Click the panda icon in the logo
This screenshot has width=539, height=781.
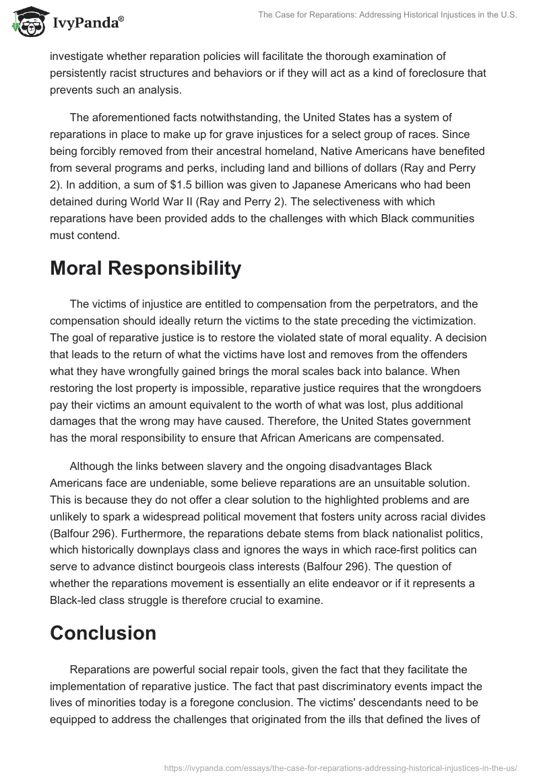pyautogui.click(x=26, y=22)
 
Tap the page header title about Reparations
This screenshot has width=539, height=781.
pyautogui.click(x=388, y=16)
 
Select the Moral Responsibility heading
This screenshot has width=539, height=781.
pyautogui.click(x=145, y=268)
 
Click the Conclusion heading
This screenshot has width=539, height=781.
pyautogui.click(x=103, y=633)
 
